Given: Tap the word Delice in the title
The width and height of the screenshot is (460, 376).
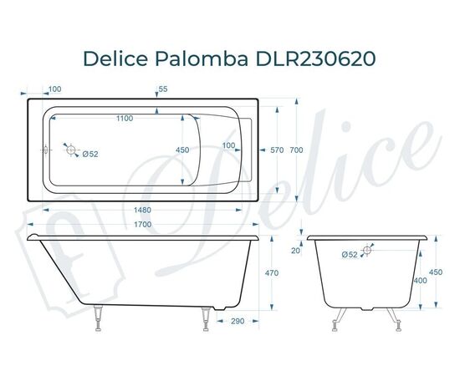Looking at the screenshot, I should pyautogui.click(x=115, y=58).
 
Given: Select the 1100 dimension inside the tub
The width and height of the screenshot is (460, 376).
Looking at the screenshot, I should pyautogui.click(x=125, y=119).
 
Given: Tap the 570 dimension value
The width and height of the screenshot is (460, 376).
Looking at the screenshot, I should pyautogui.click(x=278, y=150).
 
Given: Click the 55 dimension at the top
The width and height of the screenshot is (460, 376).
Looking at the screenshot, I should pyautogui.click(x=162, y=89).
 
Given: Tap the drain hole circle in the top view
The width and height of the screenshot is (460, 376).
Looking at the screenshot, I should pyautogui.click(x=72, y=151).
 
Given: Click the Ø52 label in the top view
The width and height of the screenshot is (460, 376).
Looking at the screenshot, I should pyautogui.click(x=90, y=153).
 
